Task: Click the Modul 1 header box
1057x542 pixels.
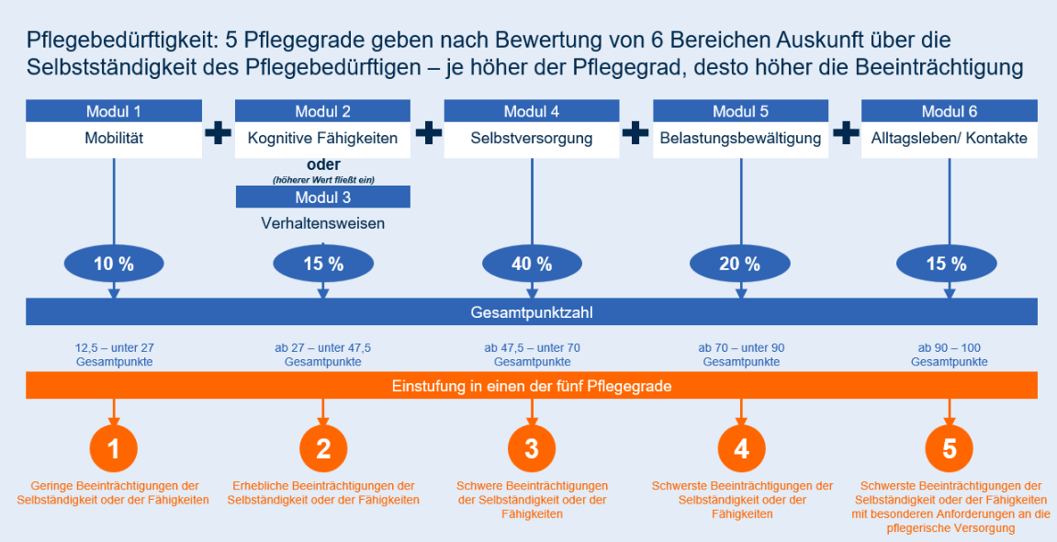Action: [113, 111]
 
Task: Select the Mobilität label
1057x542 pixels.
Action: [113, 140]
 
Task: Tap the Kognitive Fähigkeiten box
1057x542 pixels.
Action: [322, 140]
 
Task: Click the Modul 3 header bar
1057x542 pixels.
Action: [322, 197]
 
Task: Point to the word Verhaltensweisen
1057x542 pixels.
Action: [322, 223]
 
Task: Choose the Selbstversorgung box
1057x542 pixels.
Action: [532, 140]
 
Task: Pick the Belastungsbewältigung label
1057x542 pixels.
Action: [740, 140]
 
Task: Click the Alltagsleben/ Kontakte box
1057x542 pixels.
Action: [949, 140]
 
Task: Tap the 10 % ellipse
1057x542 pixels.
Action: [114, 265]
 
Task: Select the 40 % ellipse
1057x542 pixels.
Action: [532, 265]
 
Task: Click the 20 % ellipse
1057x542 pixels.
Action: [740, 265]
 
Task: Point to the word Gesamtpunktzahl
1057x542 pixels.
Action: [532, 312]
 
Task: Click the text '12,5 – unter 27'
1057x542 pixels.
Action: [114, 348]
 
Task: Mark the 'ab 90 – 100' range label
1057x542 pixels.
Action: [950, 348]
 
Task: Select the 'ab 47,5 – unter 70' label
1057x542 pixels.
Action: [532, 348]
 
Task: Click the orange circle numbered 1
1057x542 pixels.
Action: [114, 448]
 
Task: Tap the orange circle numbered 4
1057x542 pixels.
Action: [741, 448]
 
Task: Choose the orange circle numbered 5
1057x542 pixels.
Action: [950, 448]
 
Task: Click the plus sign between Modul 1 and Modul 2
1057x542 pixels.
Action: [218, 134]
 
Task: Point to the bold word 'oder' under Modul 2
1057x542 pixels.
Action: [322, 164]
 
